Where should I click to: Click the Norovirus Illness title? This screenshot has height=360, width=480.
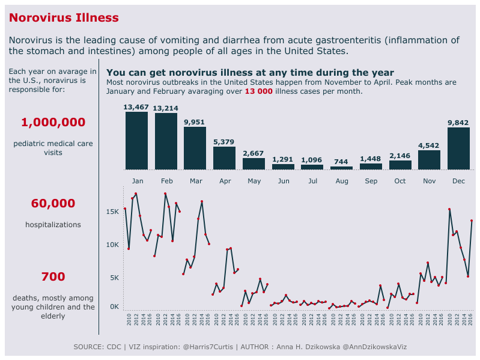64,18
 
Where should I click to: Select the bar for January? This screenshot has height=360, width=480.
136,141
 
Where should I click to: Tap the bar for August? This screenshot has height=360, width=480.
341,168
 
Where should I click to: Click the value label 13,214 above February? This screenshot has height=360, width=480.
166,108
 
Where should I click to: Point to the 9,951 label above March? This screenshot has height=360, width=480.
195,122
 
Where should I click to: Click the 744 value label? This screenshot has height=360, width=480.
341,162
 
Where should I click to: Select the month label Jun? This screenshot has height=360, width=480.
284,181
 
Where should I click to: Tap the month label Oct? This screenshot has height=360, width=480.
400,181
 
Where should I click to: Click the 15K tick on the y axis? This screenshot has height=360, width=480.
112,212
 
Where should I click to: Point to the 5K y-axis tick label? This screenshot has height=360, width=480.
114,278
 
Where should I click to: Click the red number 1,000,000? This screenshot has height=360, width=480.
53,123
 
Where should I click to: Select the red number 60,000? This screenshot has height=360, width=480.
53,204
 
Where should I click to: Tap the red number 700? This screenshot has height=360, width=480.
53,277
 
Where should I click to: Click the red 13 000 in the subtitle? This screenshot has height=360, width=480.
259,92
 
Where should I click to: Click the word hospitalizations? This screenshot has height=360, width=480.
53,225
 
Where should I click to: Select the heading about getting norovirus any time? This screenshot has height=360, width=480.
250,73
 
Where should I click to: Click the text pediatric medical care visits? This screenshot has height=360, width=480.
53,148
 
